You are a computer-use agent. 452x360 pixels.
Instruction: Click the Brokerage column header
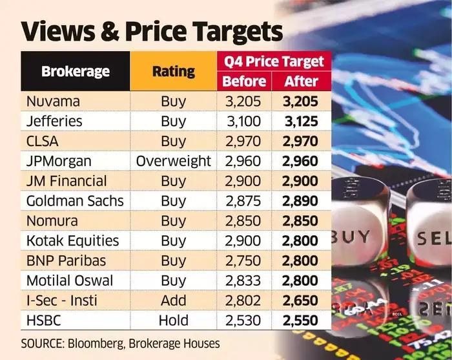pos(75,71)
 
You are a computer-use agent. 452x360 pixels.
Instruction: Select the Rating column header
pos(173,71)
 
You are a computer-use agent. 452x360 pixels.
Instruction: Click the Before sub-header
pos(243,81)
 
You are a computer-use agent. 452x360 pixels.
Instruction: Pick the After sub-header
pos(301,81)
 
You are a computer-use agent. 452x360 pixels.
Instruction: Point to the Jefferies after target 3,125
pos(301,121)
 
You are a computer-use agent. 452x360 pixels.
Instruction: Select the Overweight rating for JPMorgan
pos(173,161)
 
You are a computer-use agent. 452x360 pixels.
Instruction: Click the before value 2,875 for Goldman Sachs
pos(243,201)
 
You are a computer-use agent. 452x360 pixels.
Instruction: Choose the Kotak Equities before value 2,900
pos(243,240)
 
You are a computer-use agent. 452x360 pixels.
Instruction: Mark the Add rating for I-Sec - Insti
pos(173,300)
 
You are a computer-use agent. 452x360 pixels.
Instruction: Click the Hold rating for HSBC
pos(173,320)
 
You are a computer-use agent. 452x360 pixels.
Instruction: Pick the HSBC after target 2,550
pos(301,320)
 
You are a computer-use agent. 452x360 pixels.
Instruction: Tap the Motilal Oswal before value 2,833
pos(243,281)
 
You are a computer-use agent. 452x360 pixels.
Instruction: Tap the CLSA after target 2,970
pos(301,141)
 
